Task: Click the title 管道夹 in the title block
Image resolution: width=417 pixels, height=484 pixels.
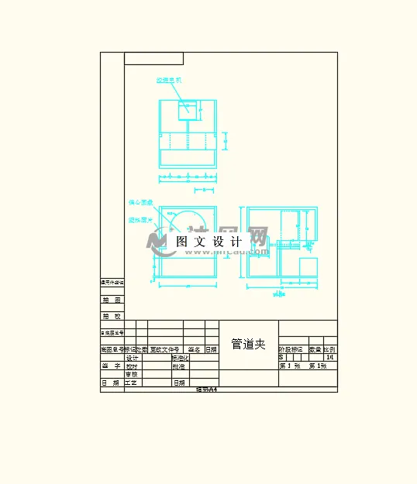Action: pyautogui.click(x=249, y=344)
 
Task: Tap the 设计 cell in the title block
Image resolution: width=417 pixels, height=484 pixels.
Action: pyautogui.click(x=132, y=358)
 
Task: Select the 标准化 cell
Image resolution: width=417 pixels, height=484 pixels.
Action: pyautogui.click(x=180, y=358)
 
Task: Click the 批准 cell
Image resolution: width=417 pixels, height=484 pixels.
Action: pyautogui.click(x=179, y=366)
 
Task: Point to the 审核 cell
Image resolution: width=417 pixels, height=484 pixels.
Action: pyautogui.click(x=132, y=374)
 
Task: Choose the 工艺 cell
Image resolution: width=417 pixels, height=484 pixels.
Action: pyautogui.click(x=132, y=383)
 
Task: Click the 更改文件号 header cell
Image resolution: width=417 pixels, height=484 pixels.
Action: pyautogui.click(x=164, y=349)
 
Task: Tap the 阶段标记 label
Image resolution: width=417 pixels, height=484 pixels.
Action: pyautogui.click(x=292, y=349)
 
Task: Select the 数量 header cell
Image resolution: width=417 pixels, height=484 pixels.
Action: pyautogui.click(x=315, y=349)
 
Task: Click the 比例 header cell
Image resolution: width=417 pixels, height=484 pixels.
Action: pyautogui.click(x=330, y=349)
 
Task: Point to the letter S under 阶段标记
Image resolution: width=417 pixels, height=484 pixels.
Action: pyautogui.click(x=281, y=358)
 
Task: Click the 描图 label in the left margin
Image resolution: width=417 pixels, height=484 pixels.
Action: pyautogui.click(x=112, y=300)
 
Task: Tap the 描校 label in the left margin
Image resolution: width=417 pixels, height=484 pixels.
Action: pyautogui.click(x=112, y=316)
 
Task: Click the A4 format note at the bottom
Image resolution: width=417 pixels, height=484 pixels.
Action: pyautogui.click(x=207, y=390)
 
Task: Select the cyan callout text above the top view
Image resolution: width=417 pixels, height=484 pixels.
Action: pyautogui.click(x=168, y=80)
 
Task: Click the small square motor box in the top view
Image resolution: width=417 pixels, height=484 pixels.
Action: pyautogui.click(x=186, y=110)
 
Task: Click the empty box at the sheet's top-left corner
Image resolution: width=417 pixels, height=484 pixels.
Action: pyautogui.click(x=153, y=58)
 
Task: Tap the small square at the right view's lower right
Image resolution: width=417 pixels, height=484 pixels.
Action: pyautogui.click(x=308, y=267)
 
